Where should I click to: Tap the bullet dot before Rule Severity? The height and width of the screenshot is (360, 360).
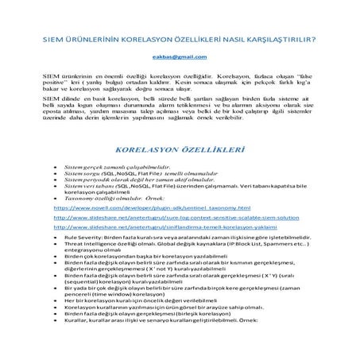pyautogui.click(x=53, y=237)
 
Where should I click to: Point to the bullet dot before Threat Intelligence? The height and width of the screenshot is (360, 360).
pyautogui.click(x=53, y=245)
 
